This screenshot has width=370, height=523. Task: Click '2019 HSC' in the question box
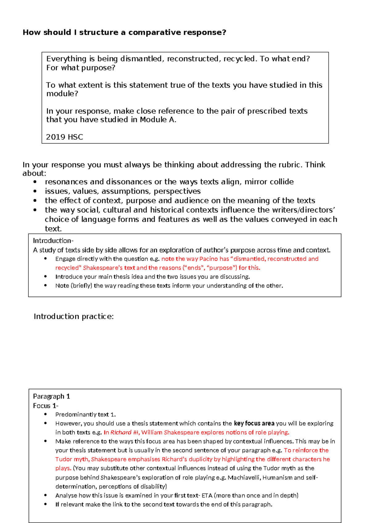[x=64, y=137]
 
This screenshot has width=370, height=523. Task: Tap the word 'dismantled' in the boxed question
[x=141, y=59]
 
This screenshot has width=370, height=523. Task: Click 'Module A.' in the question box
[x=158, y=120]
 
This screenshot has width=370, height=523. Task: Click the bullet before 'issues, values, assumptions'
[x=35, y=191]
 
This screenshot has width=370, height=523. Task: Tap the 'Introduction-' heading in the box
[x=53, y=241]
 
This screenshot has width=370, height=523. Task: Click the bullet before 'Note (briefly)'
[x=46, y=285]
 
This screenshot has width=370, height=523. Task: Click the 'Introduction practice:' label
[x=74, y=316]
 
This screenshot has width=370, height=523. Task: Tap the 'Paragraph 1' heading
[x=51, y=396]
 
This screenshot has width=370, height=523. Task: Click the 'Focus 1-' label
[x=46, y=406]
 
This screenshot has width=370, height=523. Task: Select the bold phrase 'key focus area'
[x=254, y=423]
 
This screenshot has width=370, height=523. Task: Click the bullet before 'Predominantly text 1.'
[x=46, y=414]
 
